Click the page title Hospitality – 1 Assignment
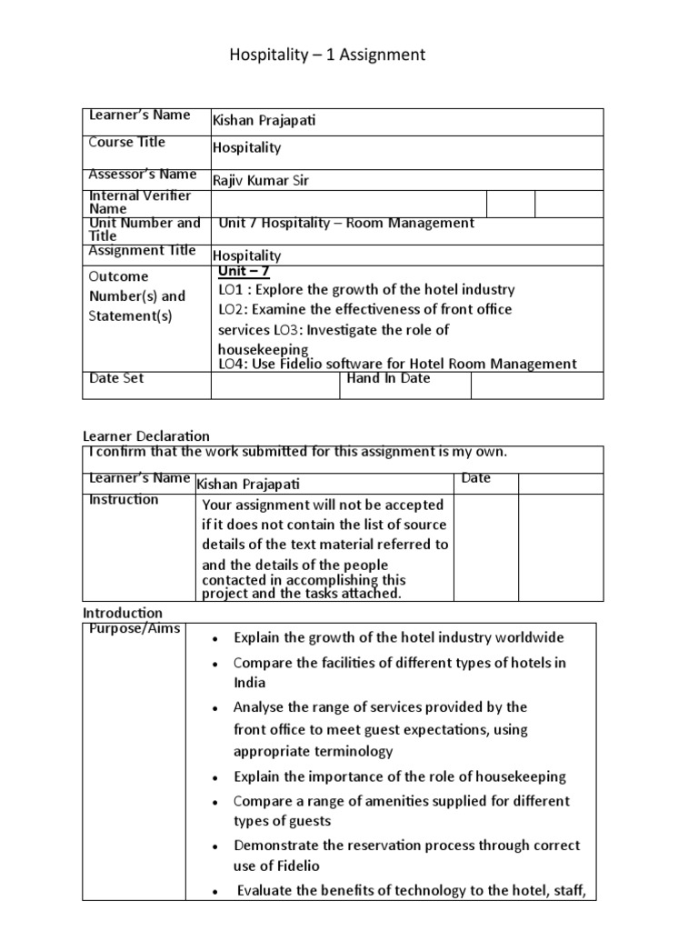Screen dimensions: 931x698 (326, 55)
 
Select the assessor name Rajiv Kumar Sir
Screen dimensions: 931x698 (260, 180)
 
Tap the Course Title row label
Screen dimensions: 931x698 (127, 142)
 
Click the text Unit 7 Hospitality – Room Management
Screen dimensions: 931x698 (346, 223)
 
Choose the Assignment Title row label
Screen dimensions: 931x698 (141, 251)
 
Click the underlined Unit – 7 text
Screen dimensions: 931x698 (244, 271)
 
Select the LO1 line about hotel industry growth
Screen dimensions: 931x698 (366, 289)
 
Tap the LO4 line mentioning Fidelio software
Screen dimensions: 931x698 (397, 364)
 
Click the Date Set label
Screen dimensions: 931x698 (116, 378)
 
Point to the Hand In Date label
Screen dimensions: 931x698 (389, 378)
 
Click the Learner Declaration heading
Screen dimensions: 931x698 (146, 436)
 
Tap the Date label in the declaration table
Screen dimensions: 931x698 (475, 478)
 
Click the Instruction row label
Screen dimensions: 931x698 (124, 499)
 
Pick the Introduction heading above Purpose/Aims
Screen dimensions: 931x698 (123, 613)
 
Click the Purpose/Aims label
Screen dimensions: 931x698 (135, 629)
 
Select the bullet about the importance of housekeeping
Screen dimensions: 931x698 (399, 776)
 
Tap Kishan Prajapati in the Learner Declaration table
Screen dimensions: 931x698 (247, 485)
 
